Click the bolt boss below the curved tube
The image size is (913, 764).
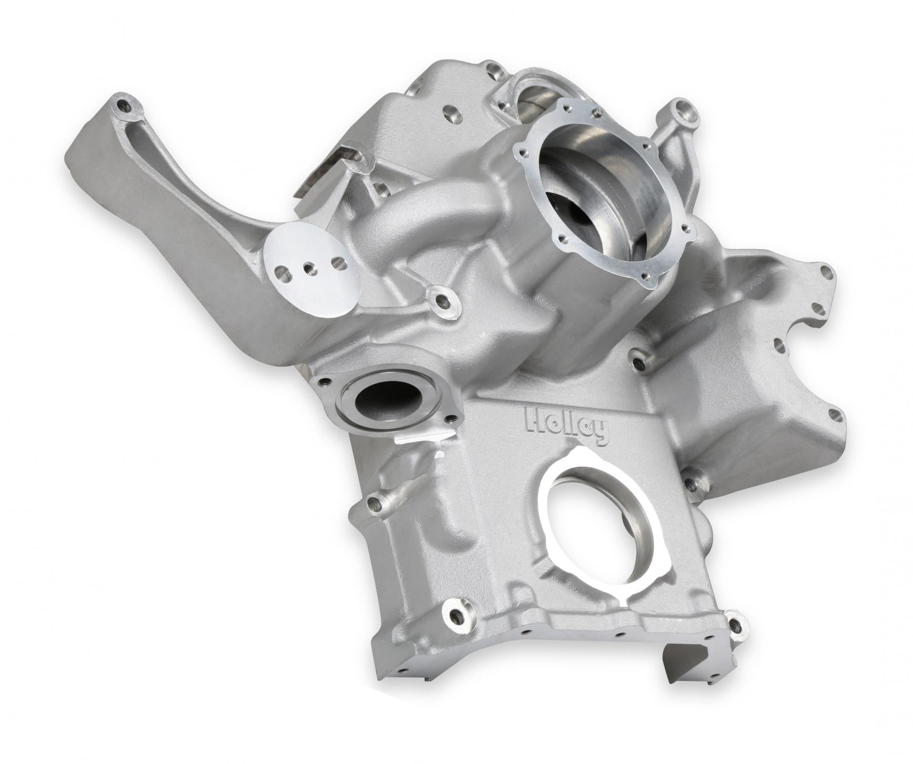click(440, 300)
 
